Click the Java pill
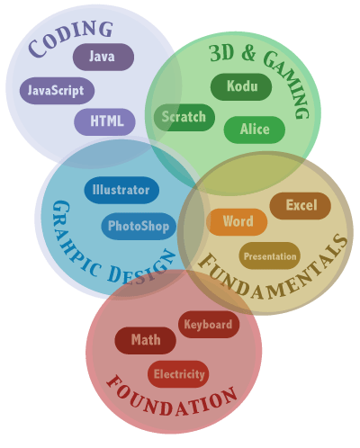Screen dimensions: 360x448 click(x=103, y=57)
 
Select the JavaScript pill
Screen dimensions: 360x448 click(x=57, y=91)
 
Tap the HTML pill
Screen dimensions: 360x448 click(x=104, y=121)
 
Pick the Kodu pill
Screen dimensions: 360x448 click(x=241, y=86)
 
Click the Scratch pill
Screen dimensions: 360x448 click(x=184, y=117)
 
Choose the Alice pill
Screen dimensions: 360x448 click(x=255, y=130)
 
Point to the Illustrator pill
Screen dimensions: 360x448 click(x=121, y=190)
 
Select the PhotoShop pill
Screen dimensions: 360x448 click(x=139, y=227)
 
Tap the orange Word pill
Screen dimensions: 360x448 click(x=237, y=222)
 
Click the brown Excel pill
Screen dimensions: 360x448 click(x=301, y=206)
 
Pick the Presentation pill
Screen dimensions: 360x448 click(x=270, y=255)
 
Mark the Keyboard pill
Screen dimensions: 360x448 click(x=209, y=325)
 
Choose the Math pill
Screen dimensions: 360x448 click(x=146, y=340)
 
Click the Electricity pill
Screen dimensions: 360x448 click(x=178, y=374)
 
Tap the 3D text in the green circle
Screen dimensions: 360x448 click(x=221, y=53)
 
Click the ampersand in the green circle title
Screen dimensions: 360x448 click(x=249, y=52)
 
